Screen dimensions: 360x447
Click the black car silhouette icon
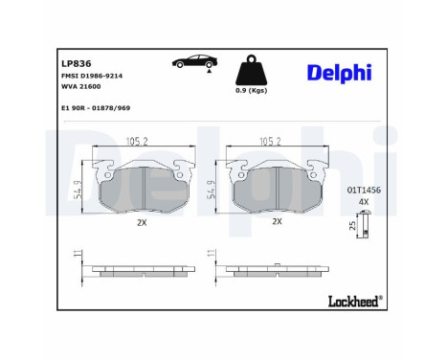[192, 63]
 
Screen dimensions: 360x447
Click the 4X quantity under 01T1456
[363, 202]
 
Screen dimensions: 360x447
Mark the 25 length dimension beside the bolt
[351, 226]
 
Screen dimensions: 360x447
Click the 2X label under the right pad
[277, 220]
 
